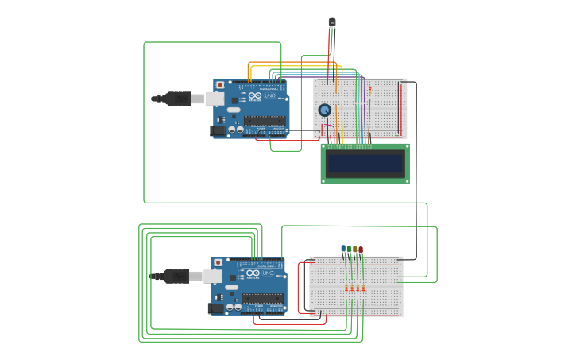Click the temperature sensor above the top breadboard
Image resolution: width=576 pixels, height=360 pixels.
[x=332, y=22]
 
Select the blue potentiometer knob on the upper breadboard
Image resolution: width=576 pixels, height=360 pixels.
[x=325, y=110]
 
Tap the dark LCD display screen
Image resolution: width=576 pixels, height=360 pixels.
[x=365, y=164]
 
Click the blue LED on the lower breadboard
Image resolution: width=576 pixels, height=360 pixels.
[x=343, y=249]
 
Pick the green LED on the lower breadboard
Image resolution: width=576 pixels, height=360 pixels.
[x=349, y=250]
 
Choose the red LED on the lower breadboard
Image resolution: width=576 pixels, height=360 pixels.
[x=361, y=250]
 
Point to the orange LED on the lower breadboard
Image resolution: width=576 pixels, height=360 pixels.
[x=355, y=250]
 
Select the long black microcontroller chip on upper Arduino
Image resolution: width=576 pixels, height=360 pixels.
[x=265, y=122]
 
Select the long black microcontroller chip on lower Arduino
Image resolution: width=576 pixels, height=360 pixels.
[x=262, y=299]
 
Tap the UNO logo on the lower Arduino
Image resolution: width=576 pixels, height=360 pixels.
[x=269, y=273]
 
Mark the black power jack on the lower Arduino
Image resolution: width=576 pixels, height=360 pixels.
[x=215, y=308]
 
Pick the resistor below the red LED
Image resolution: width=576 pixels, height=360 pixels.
[x=363, y=288]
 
